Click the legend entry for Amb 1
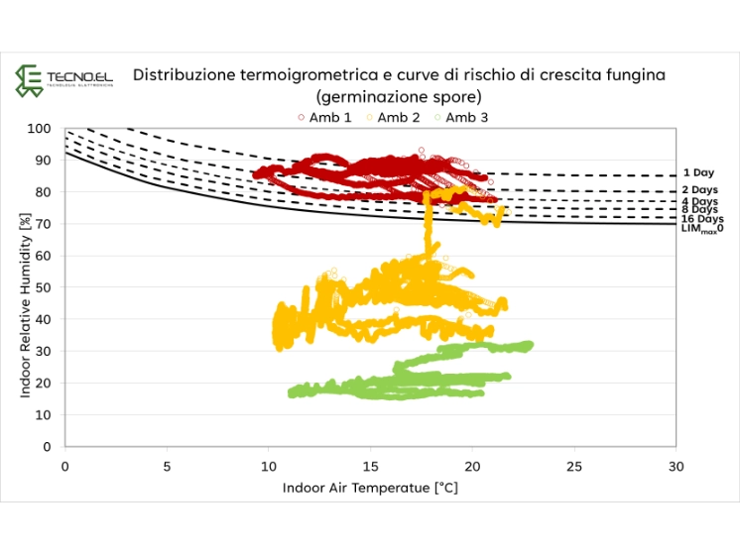click(324, 117)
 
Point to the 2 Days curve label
click(700, 190)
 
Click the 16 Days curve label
click(702, 219)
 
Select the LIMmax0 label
click(701, 229)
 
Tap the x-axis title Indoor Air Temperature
click(370, 488)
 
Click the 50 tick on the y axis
click(44, 287)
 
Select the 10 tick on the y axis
click(44, 414)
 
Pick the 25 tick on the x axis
click(573, 464)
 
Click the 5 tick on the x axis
click(167, 464)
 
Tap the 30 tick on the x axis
click(675, 464)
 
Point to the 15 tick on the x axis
click(370, 464)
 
